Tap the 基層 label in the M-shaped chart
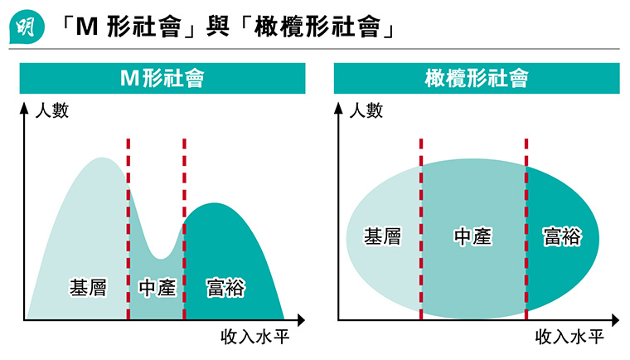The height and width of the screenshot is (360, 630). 88,288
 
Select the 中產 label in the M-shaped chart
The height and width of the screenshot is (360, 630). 157,288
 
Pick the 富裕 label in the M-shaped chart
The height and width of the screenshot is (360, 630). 225,288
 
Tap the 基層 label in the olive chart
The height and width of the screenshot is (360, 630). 383,237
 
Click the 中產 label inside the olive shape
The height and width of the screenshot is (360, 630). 472,237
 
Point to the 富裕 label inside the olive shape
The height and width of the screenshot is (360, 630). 561,237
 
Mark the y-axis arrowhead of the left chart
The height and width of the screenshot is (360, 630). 23,107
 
